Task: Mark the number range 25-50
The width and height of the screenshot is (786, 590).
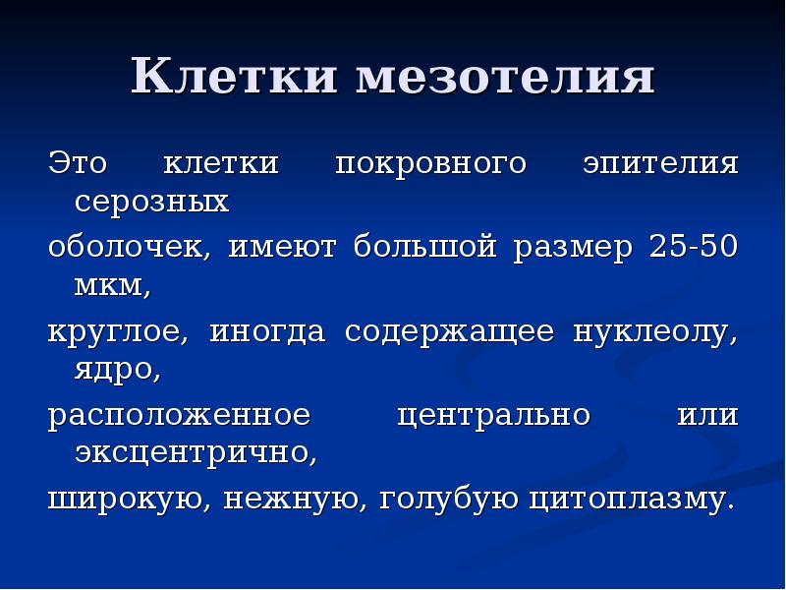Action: tap(693, 246)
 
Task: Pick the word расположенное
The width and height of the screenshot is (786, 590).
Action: tap(180, 415)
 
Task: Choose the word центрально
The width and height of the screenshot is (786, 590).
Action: tap(493, 415)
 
